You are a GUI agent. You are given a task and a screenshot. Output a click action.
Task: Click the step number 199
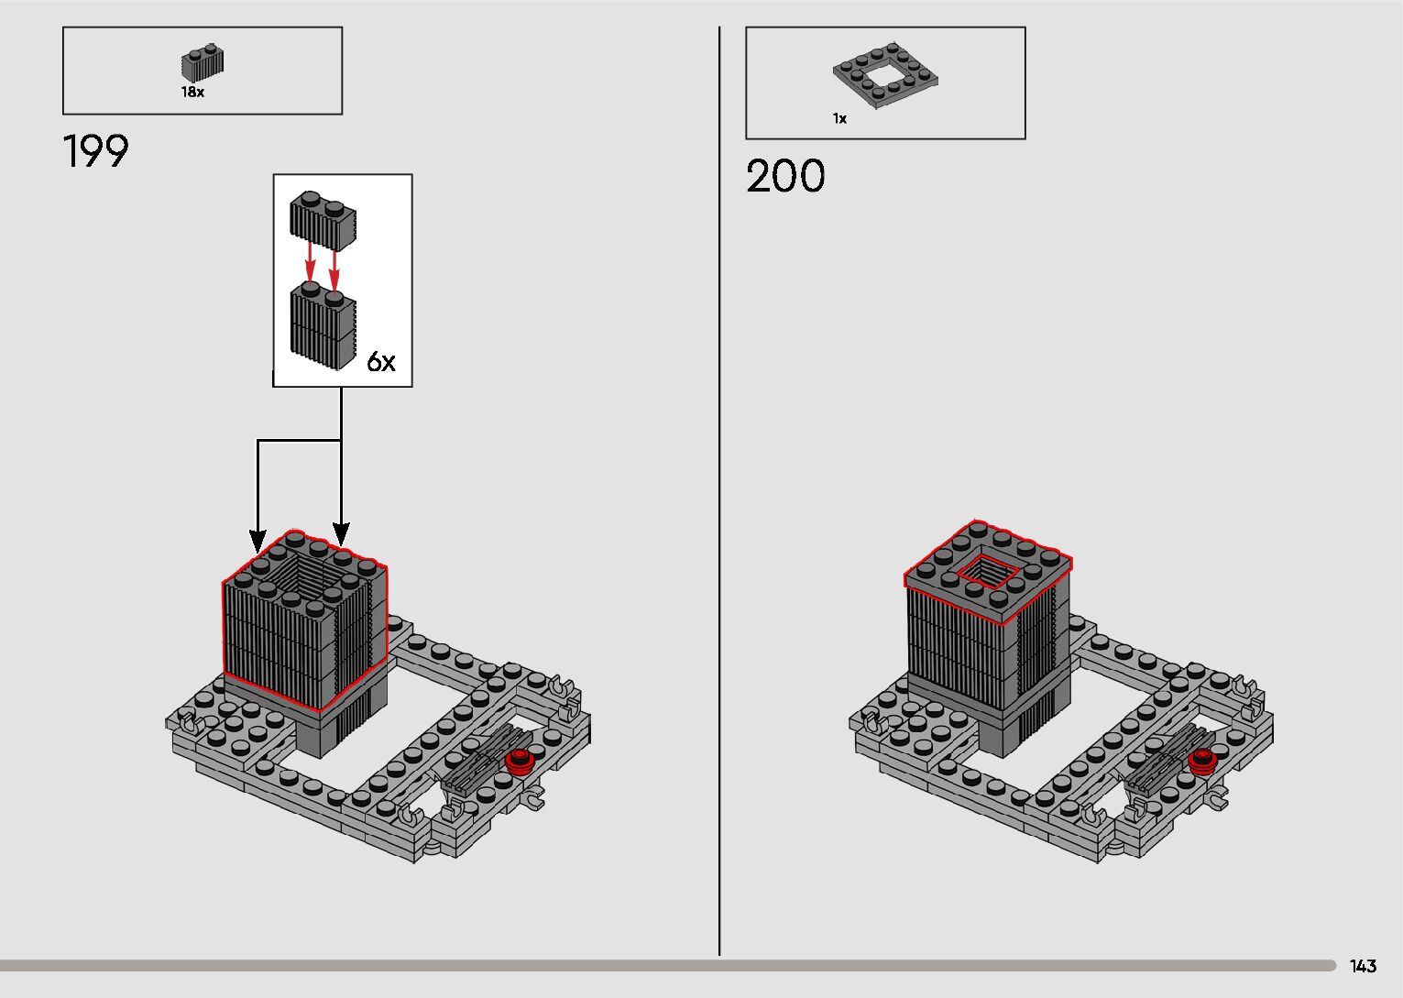pos(96,152)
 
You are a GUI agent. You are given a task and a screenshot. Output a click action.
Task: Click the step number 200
pos(785,176)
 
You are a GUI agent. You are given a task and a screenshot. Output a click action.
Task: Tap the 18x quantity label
pos(192,93)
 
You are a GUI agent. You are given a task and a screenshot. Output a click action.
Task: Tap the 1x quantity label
pos(839,119)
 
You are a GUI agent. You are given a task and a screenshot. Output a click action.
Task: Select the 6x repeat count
pos(381,362)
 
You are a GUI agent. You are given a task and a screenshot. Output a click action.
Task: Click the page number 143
pos(1363,966)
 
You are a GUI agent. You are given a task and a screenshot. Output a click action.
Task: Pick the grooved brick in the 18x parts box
pos(203,63)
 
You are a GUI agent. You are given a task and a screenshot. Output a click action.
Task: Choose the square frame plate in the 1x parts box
pos(884,74)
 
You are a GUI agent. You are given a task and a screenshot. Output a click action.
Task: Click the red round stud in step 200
pos(1202,760)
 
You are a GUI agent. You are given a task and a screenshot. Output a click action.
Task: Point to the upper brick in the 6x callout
pos(323,220)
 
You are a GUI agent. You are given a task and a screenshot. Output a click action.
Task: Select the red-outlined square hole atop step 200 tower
pos(989,573)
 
